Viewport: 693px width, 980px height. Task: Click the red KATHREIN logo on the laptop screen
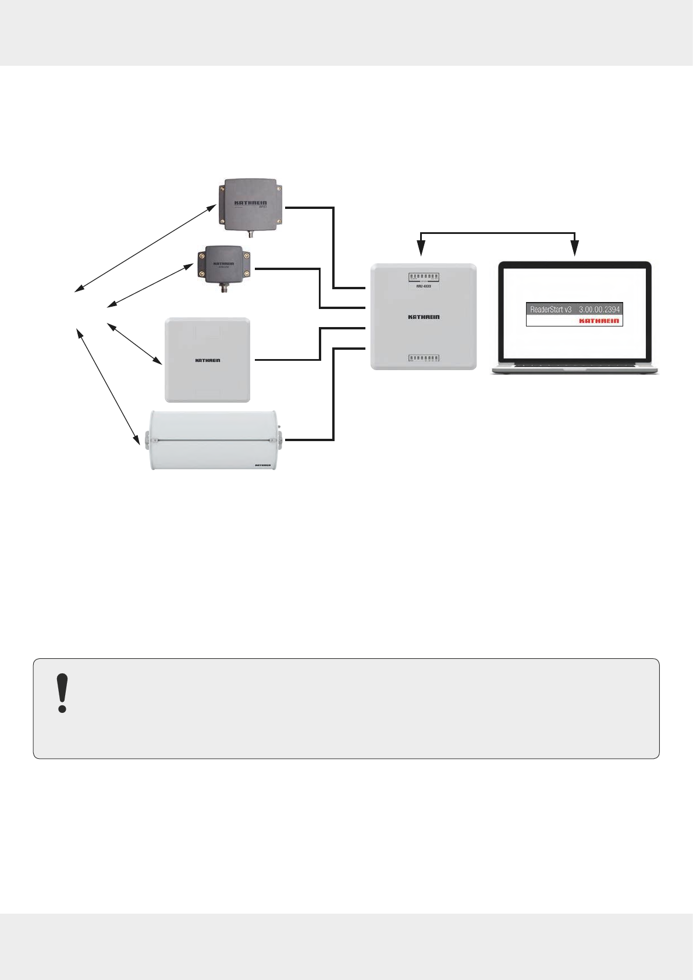point(599,321)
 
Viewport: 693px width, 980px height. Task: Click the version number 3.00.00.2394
point(599,310)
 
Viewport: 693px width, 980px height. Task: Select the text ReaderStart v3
point(550,310)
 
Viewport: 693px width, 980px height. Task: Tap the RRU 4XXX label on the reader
point(424,286)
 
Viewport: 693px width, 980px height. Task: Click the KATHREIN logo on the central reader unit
point(424,317)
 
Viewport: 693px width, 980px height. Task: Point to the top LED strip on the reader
point(424,277)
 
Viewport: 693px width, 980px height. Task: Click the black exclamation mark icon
point(62,693)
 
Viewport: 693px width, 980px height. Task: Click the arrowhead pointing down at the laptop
point(575,251)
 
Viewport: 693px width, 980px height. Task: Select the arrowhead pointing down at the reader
point(420,251)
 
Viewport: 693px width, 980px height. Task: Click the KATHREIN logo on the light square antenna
point(207,360)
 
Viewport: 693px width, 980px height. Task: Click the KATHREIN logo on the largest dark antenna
point(250,204)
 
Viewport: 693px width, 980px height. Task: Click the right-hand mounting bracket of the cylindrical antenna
point(280,440)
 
